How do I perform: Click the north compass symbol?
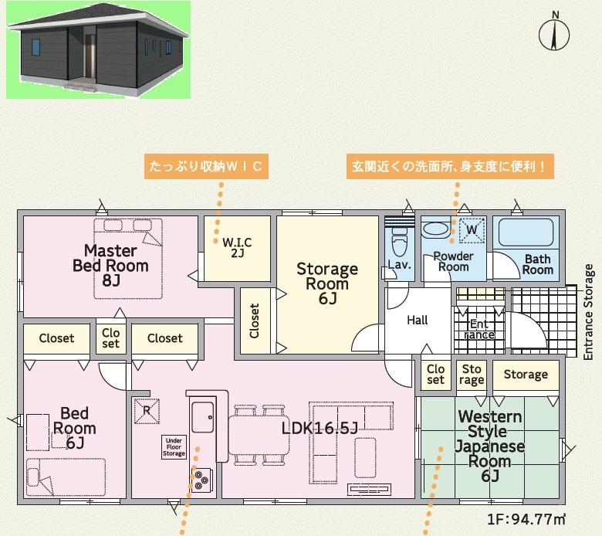point(554,32)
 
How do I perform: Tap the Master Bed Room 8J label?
point(110,266)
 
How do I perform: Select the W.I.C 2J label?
point(237,247)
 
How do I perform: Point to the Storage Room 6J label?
point(327,283)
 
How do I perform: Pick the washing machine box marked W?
point(472,230)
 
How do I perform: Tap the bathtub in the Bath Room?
point(526,232)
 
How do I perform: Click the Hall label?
point(418,320)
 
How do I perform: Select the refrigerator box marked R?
point(147,411)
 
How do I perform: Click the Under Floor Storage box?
point(174,447)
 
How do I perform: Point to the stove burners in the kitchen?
point(202,480)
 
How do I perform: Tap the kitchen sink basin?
point(203,417)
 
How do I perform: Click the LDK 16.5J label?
point(320,428)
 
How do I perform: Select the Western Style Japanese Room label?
point(490,446)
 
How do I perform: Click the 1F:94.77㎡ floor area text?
point(526,520)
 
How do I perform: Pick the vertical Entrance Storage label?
point(589,311)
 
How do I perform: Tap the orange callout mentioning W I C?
point(206,166)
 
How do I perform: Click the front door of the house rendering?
point(90,56)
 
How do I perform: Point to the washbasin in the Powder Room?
point(435,230)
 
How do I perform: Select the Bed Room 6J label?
point(75,428)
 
